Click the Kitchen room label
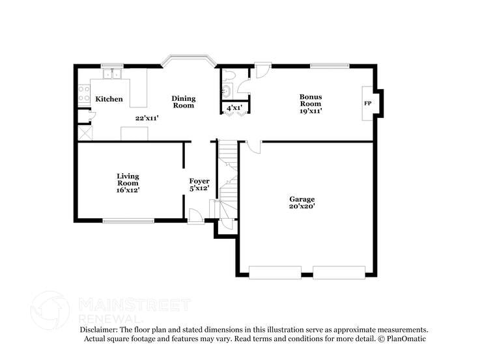[109, 99]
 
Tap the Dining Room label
[184, 102]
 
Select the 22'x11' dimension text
[147, 118]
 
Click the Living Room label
[128, 179]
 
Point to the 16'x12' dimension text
[128, 190]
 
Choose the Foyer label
[199, 180]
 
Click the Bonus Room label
[310, 100]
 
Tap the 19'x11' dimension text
[311, 111]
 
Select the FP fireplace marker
[367, 104]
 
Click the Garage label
[302, 199]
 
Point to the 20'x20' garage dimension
[302, 206]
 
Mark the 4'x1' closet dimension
[234, 107]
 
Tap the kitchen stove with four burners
[83, 94]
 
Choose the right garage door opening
[339, 272]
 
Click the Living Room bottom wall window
[128, 221]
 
